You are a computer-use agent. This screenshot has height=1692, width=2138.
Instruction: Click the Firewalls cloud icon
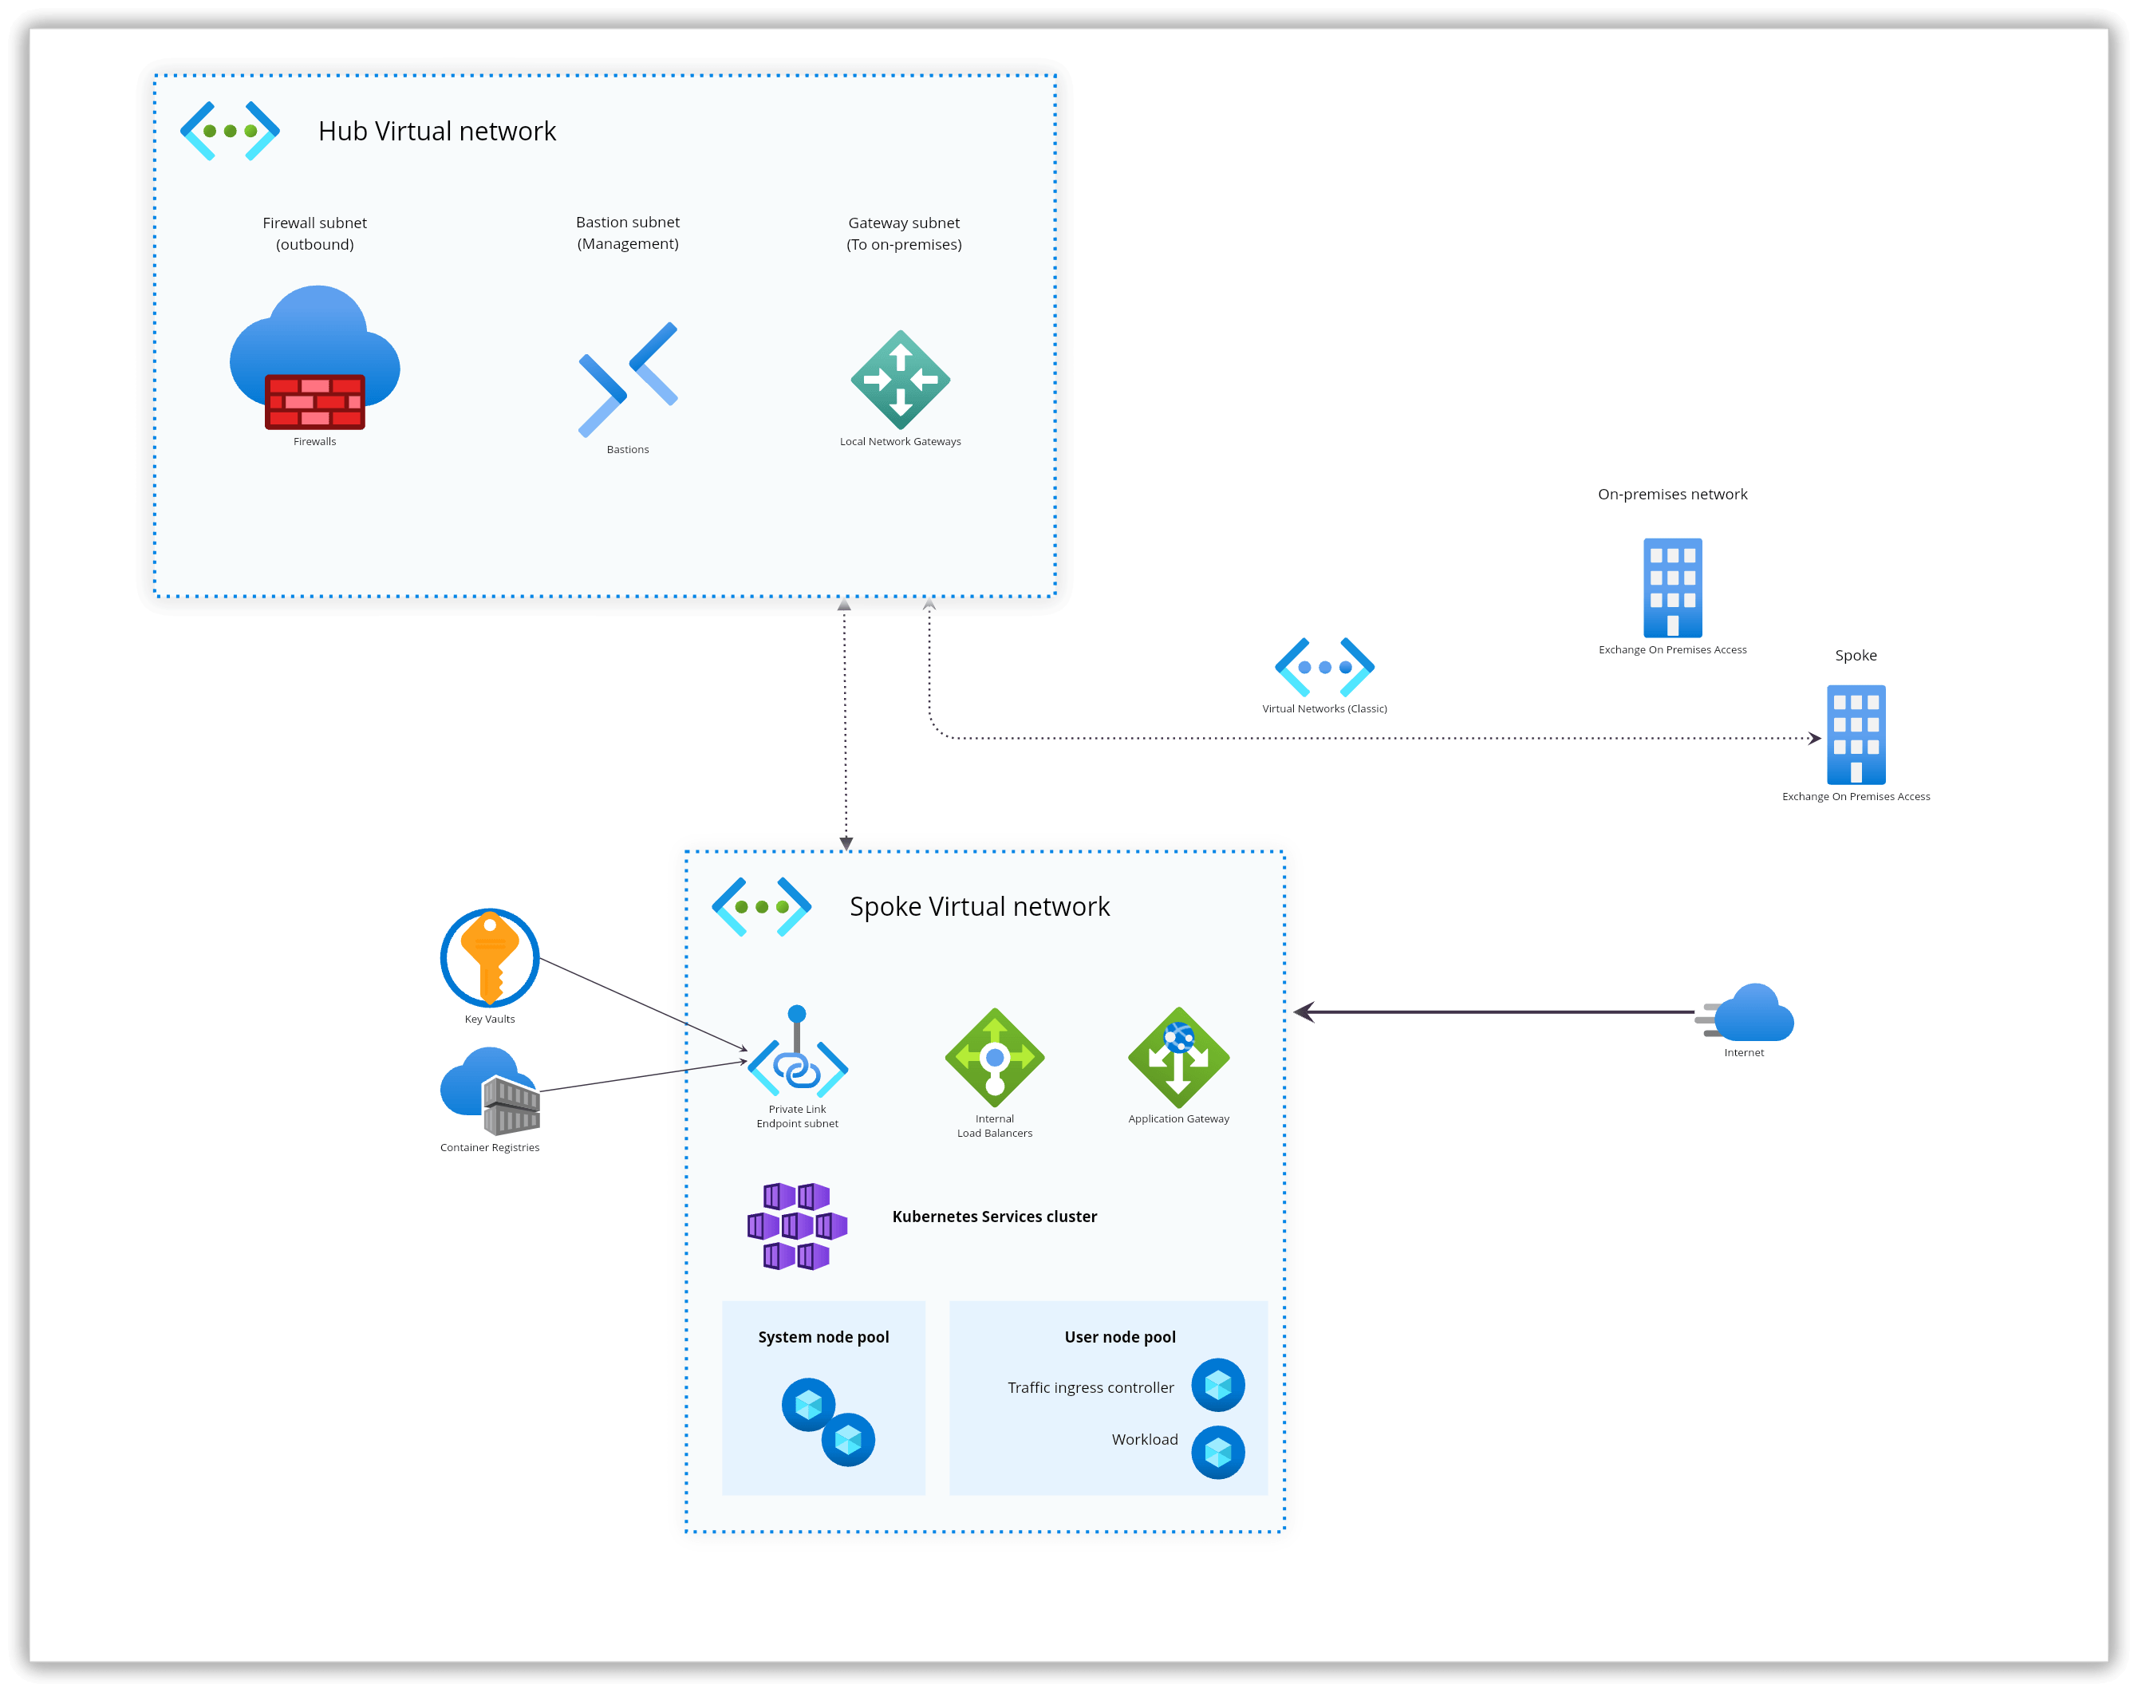click(314, 357)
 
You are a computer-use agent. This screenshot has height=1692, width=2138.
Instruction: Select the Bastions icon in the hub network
click(628, 380)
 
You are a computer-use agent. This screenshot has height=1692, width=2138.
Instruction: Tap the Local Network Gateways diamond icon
click(900, 380)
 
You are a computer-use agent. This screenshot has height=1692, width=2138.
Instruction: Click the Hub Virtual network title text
click(437, 131)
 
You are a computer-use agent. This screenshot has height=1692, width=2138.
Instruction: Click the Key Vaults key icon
click(489, 957)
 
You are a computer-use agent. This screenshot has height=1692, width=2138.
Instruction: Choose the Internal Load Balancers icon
click(994, 1057)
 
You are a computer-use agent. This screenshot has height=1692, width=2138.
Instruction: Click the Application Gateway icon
click(1178, 1057)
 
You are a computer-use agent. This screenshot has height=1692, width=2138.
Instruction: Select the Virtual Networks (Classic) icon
click(1323, 667)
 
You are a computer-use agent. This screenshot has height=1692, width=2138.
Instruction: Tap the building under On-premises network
click(1672, 587)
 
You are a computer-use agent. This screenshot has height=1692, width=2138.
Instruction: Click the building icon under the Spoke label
click(1856, 734)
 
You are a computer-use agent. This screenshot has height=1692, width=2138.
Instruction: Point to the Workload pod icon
click(1217, 1452)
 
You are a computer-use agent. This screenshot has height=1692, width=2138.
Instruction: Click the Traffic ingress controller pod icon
click(1217, 1384)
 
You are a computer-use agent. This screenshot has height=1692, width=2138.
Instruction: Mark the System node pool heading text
click(823, 1336)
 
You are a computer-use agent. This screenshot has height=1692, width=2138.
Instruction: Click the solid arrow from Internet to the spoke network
click(1496, 1012)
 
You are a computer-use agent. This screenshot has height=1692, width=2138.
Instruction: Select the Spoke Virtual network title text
click(979, 906)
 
